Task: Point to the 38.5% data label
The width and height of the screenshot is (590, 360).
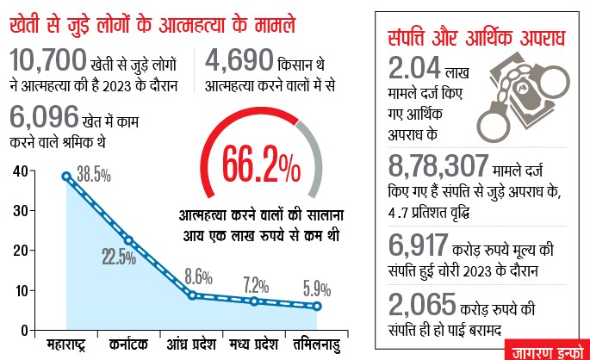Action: coord(93,176)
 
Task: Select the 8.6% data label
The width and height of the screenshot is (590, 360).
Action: coord(199,277)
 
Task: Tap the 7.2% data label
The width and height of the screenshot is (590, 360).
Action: coord(256,283)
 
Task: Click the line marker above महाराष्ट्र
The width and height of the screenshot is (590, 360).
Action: coord(66,176)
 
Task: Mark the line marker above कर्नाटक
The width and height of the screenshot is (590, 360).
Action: coord(129,240)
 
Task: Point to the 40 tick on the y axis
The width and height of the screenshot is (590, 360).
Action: coord(19,171)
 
